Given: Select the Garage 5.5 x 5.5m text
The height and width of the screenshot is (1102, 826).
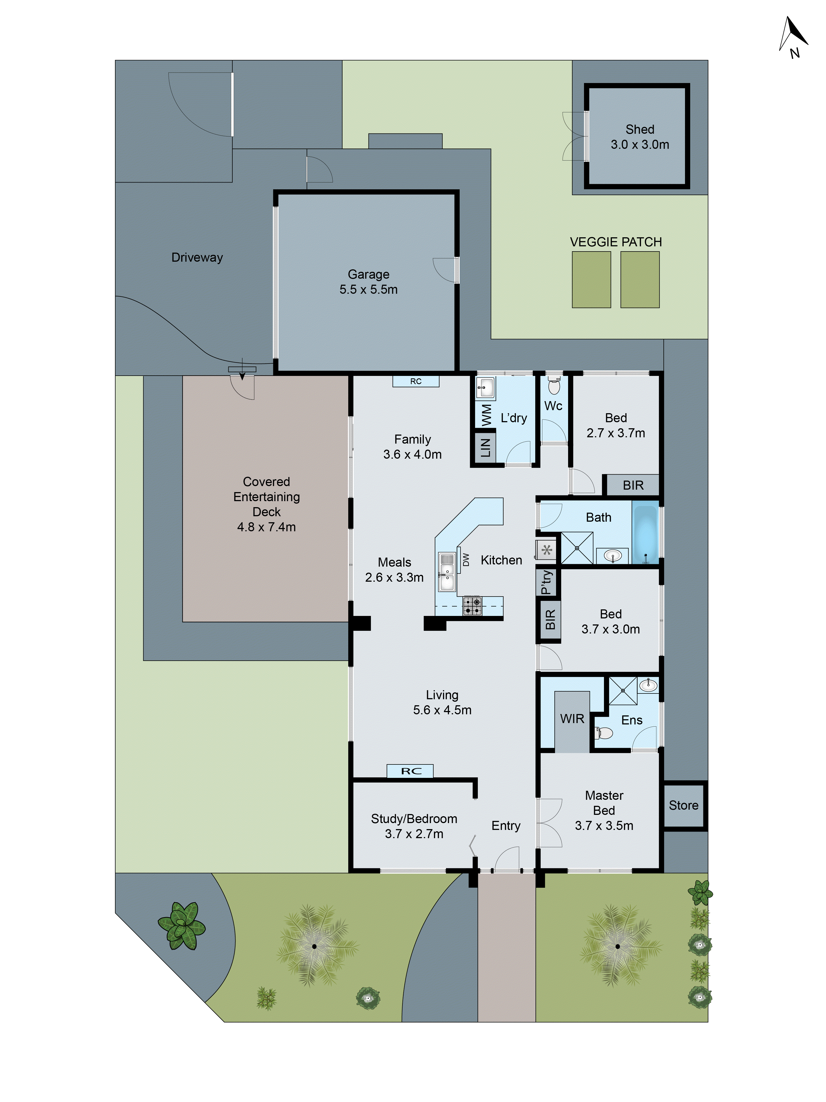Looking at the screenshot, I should (369, 282).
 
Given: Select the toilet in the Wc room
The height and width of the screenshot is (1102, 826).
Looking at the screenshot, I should (554, 386).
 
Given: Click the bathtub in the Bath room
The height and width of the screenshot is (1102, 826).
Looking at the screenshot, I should (645, 535).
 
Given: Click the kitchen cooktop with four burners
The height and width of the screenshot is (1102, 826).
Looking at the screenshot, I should (472, 606).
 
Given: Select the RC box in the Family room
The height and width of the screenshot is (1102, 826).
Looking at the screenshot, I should (416, 381).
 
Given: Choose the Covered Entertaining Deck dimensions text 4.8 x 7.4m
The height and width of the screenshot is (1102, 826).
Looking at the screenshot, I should (266, 527).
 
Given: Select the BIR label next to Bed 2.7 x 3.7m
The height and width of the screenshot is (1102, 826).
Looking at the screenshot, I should (633, 485).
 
